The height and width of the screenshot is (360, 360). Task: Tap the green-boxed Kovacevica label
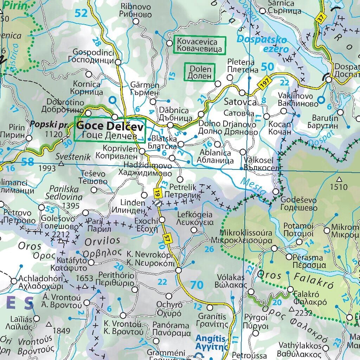199,45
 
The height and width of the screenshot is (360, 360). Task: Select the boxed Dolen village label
200,72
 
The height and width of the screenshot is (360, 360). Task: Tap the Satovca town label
240,102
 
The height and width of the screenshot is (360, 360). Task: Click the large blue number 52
81,13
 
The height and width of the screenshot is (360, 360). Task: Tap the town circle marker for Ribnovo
136,22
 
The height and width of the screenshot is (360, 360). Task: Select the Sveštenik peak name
73,157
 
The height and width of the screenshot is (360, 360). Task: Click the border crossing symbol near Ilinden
158,202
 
